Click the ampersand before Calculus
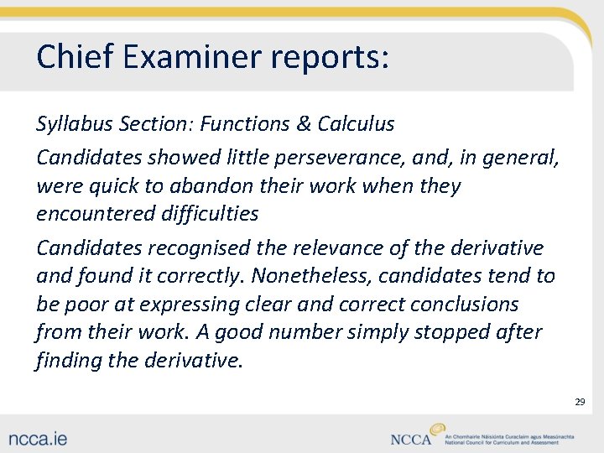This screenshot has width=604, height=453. click(x=302, y=124)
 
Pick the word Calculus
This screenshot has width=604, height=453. click(x=356, y=124)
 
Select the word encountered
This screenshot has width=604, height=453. click(x=92, y=214)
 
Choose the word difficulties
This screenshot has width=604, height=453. click(x=207, y=214)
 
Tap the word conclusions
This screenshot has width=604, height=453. click(x=457, y=305)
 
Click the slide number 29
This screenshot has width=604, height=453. click(x=580, y=403)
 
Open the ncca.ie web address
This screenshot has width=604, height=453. click(x=39, y=438)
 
